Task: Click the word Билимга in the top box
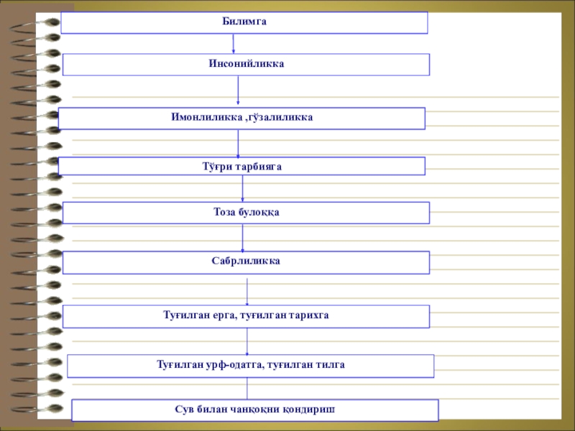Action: [x=244, y=22]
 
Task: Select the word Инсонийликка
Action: [x=247, y=64]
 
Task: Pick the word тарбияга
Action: [x=259, y=167]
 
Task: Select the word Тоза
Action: [x=224, y=212]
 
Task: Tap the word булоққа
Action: [x=259, y=213]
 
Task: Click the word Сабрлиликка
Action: [x=246, y=261]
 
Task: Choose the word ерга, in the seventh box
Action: [x=224, y=315]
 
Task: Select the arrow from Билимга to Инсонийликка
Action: [x=233, y=44]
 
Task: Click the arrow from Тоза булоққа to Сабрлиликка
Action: [x=242, y=238]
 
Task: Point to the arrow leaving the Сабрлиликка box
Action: [x=247, y=292]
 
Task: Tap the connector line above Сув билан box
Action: [x=247, y=389]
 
